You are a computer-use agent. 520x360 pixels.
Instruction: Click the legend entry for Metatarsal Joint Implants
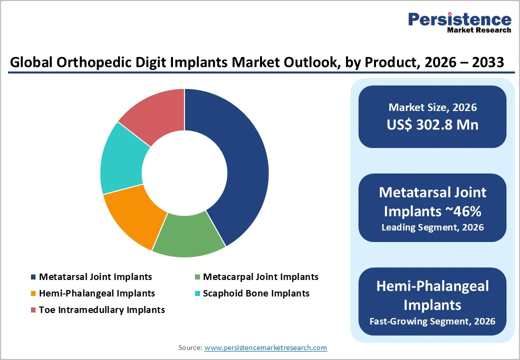coord(95,276)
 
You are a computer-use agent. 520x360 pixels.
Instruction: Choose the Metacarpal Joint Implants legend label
coord(260,276)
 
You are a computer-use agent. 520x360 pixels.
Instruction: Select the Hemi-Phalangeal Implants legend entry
coord(96,293)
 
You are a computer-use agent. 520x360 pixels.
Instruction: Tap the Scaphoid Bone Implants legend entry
coord(255,293)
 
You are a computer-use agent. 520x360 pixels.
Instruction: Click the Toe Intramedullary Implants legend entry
coord(101,309)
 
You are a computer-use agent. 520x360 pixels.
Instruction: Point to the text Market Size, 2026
coord(432,107)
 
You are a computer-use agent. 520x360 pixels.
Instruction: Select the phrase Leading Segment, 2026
coord(432,227)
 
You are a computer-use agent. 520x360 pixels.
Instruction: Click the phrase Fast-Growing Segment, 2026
coord(432,321)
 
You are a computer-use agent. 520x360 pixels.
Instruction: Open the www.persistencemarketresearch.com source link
coord(265,347)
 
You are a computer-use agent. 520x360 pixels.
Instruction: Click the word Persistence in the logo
coord(459,19)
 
